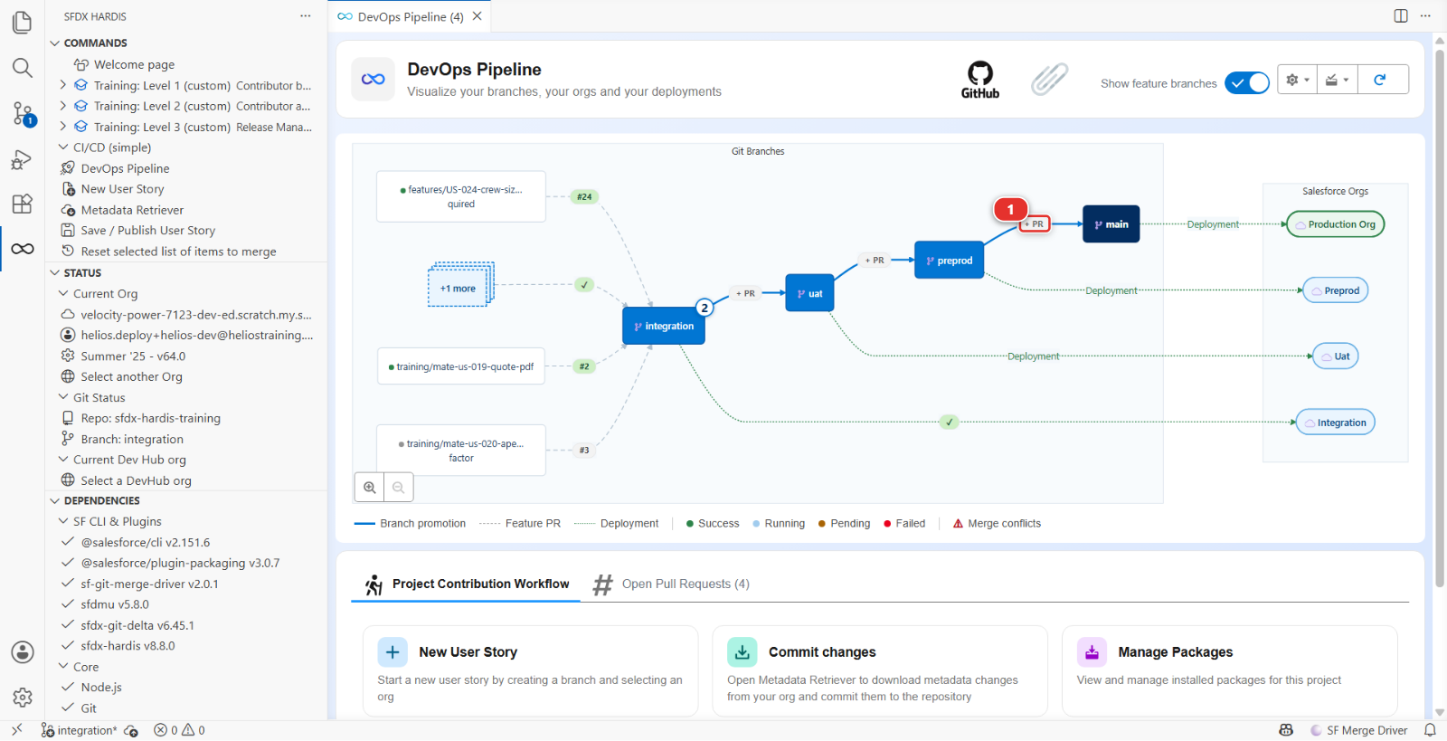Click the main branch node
tap(1111, 224)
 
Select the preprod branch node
tap(949, 261)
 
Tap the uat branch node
tap(809, 293)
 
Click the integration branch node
tap(664, 326)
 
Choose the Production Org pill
tap(1335, 224)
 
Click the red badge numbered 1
tap(1010, 209)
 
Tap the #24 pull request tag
tap(584, 196)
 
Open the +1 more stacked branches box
tap(460, 286)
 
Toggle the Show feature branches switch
tap(1247, 82)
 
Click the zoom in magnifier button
tap(370, 487)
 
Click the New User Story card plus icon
tap(392, 652)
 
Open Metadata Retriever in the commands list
tap(132, 210)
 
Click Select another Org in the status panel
tap(131, 376)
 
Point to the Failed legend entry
tap(904, 523)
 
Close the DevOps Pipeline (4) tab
tap(477, 16)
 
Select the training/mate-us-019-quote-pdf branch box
tap(460, 366)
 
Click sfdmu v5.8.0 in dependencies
tap(114, 604)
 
